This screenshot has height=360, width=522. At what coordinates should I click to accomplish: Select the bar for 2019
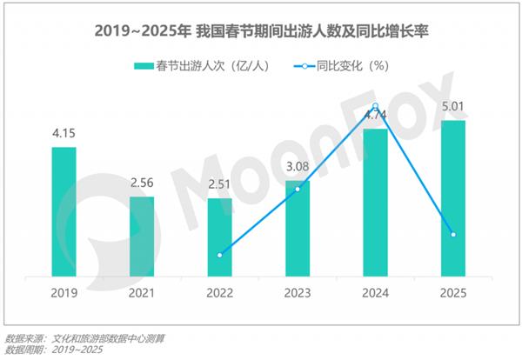coord(64,213)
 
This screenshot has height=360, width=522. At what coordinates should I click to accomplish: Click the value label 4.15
coord(64,135)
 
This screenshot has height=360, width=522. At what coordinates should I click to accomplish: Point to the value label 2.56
coord(142,183)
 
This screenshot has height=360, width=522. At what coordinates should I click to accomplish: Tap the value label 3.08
coord(298,168)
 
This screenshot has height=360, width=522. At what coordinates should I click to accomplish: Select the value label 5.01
coord(453,108)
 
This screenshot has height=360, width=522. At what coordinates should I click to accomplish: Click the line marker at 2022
coord(220,255)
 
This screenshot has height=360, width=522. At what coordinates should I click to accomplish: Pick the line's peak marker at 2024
coord(375,107)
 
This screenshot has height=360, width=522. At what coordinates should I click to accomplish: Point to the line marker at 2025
coord(453,235)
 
